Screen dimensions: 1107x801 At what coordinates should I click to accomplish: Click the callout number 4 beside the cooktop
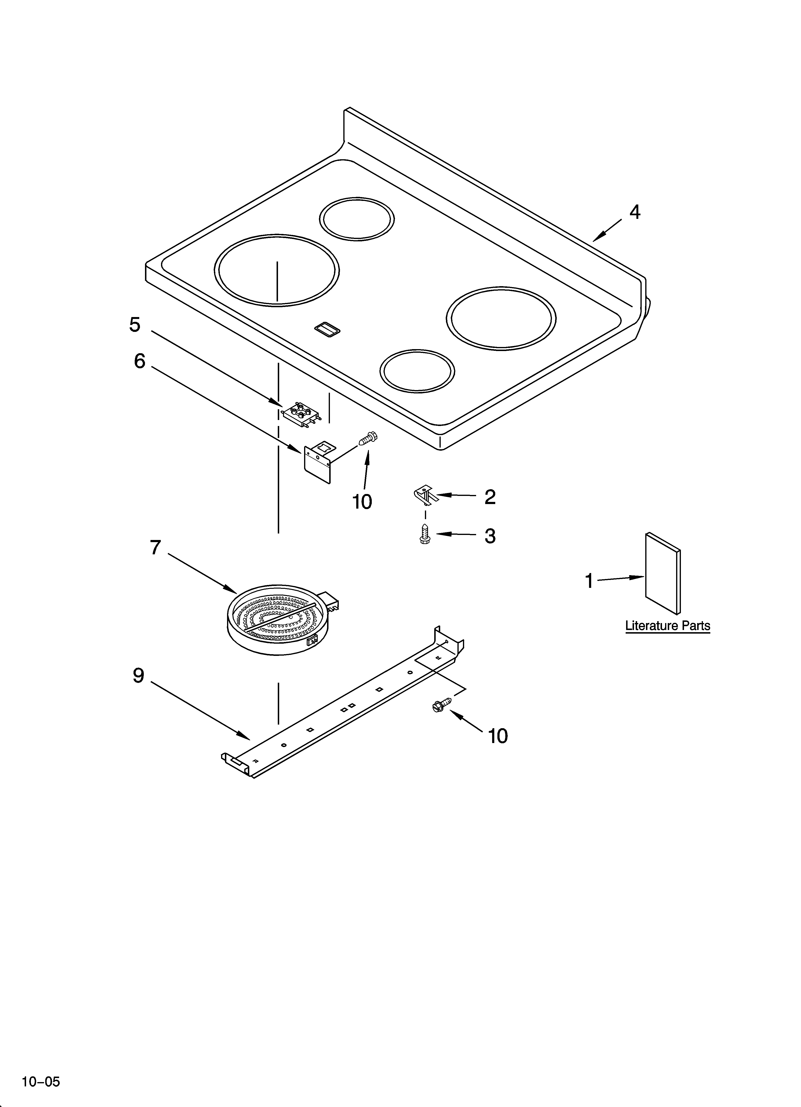pos(634,212)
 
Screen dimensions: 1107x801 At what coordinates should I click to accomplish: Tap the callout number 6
pos(139,361)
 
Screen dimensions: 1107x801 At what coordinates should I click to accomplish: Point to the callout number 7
pos(155,548)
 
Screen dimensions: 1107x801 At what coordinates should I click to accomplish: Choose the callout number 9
pos(139,676)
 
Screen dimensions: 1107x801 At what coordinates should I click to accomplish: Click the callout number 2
pos(490,497)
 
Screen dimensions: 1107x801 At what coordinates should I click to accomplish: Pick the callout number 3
pos(490,536)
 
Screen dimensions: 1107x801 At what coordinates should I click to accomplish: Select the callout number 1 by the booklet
pos(589,581)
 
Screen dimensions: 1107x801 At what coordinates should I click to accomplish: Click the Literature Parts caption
pos(667,626)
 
